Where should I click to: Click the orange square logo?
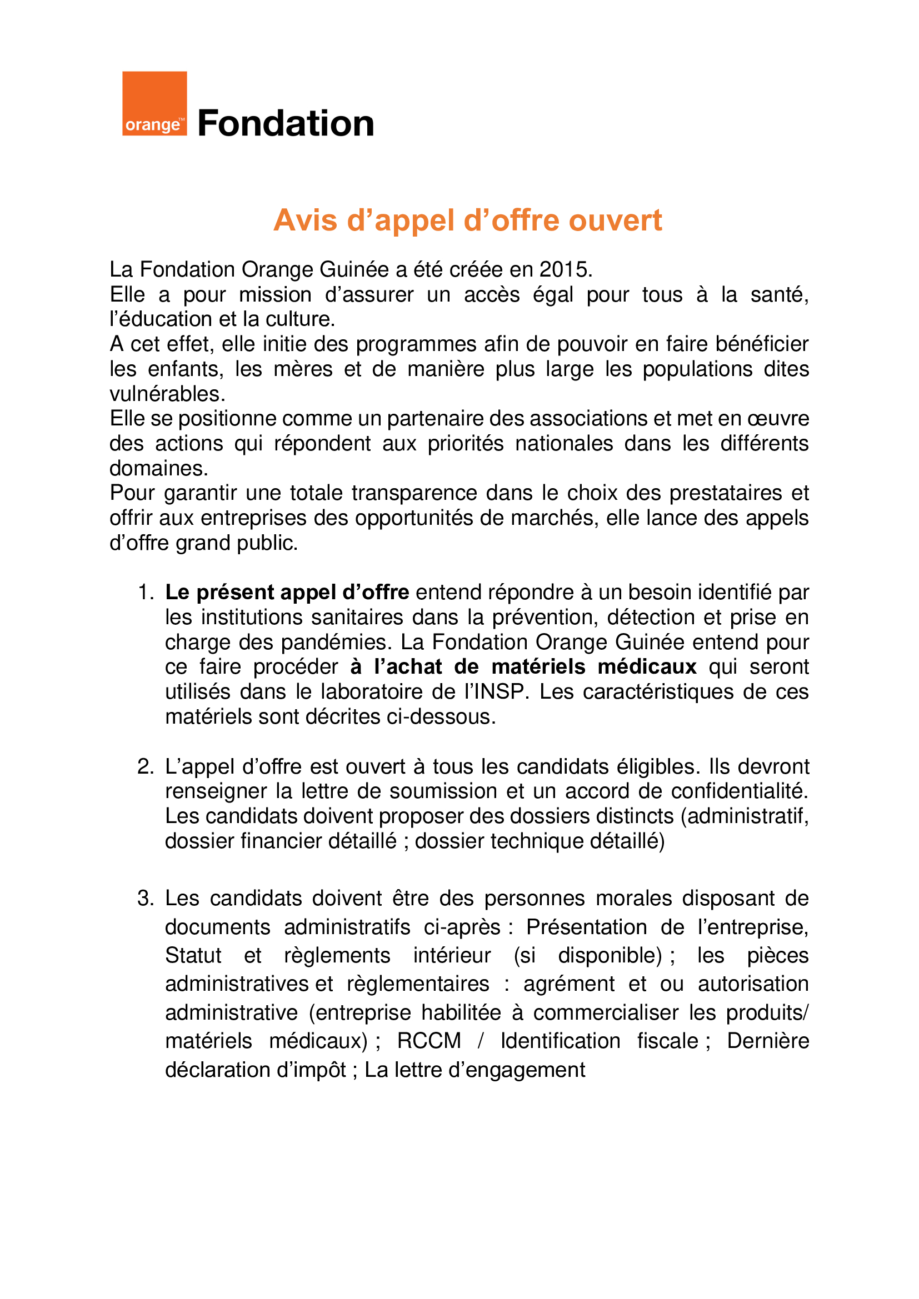[x=154, y=103]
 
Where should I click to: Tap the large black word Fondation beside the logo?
[x=286, y=123]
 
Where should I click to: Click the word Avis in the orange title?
[x=305, y=220]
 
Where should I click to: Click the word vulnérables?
[x=167, y=394]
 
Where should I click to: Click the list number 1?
[x=146, y=593]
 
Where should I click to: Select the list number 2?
[x=146, y=766]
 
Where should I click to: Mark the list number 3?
[x=146, y=899]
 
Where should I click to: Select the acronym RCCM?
[x=428, y=1041]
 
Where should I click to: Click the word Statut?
[x=193, y=956]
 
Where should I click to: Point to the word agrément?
[x=569, y=984]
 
